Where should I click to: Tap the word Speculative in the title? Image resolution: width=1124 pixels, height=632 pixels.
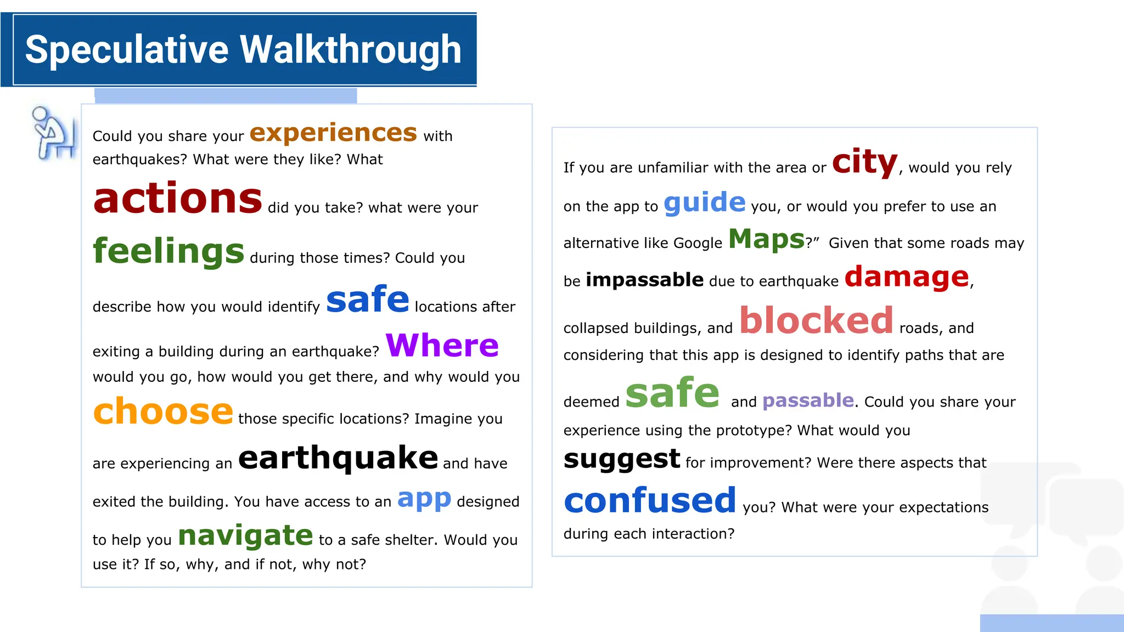(x=127, y=50)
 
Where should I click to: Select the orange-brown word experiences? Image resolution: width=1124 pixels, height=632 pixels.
(x=333, y=133)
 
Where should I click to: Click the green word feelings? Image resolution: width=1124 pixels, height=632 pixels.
(x=168, y=251)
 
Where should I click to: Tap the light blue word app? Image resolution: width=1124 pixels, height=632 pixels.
(x=424, y=498)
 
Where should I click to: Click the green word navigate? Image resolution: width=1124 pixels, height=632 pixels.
(x=245, y=535)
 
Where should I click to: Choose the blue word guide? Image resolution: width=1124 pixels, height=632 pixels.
(x=705, y=202)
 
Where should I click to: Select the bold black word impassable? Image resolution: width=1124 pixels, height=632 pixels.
(x=644, y=280)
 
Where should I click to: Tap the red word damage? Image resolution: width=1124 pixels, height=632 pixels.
(x=907, y=276)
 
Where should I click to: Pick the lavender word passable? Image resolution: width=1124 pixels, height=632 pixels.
(x=808, y=400)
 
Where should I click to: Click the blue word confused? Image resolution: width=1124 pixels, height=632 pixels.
(x=650, y=500)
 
